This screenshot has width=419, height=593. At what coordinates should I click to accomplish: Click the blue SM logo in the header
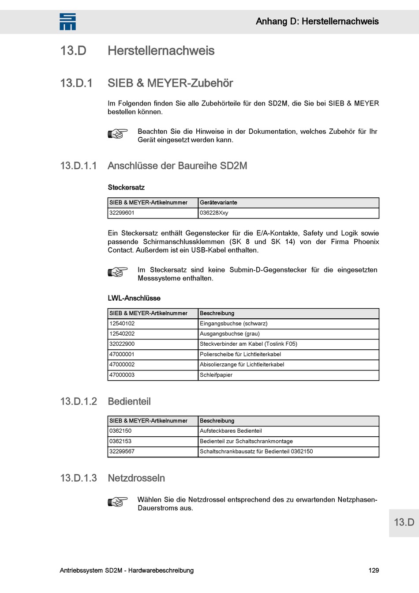coord(67,22)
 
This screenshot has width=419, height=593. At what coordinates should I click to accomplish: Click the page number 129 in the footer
coord(374,570)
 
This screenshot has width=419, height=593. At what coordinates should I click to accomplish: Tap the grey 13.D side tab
coord(404,522)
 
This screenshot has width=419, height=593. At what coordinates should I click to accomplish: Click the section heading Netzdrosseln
coord(136,478)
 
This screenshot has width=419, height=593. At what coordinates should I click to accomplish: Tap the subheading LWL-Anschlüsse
coord(134,298)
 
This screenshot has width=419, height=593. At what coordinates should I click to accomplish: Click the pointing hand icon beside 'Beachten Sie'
coord(118,133)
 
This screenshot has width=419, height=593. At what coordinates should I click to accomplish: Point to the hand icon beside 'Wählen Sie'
coord(118,502)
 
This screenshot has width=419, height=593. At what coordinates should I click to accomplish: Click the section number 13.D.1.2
coord(79,401)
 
